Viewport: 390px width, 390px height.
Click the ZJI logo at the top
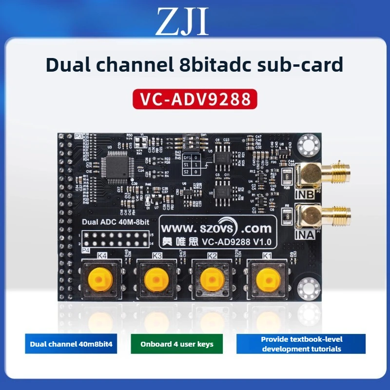[181, 22]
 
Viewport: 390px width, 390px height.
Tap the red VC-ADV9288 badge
[195, 98]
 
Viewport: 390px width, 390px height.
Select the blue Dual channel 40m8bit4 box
[72, 344]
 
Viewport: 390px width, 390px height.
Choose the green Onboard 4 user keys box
[176, 344]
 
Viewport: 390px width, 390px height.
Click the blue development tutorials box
[301, 344]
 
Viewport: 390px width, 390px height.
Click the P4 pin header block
[116, 239]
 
